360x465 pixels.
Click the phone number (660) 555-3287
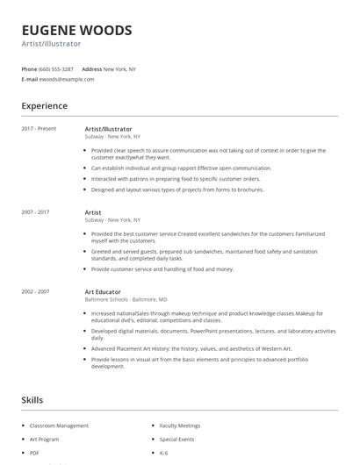pos(56,68)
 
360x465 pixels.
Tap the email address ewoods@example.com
pos(68,79)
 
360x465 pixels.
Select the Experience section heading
pos(45,106)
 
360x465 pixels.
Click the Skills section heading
pos(32,399)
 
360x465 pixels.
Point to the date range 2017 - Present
pos(39,129)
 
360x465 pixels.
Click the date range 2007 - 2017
pos(35,212)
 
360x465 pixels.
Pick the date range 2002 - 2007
pos(35,291)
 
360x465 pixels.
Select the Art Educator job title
pos(103,291)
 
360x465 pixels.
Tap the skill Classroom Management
pos(60,426)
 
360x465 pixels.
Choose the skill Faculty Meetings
pos(180,426)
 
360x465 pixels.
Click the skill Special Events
pos(176,439)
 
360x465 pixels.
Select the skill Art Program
pos(45,439)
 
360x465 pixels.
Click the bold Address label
pos(91,68)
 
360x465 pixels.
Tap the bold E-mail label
pos(29,79)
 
